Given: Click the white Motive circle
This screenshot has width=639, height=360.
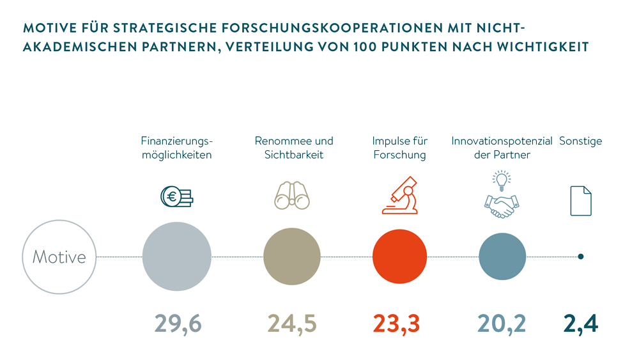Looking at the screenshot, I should point(59,256).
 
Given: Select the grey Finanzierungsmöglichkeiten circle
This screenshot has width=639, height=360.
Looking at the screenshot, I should point(177,256).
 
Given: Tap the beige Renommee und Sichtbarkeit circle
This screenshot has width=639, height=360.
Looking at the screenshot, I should point(292,256).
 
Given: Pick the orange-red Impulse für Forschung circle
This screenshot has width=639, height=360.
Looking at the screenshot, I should point(399,256).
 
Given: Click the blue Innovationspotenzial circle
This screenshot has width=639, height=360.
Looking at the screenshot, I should point(502,256).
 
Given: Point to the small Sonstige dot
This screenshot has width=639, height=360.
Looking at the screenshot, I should point(580,256).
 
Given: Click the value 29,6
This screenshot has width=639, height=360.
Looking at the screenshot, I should point(178,324).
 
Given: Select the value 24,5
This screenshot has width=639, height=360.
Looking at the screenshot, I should point(292,324).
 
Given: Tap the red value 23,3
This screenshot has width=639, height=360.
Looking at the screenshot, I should point(396,324).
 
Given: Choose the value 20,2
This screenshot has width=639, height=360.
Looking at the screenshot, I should point(502,324).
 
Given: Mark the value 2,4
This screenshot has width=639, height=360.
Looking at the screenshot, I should point(580,324).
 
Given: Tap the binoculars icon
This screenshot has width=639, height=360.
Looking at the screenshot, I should point(291,195).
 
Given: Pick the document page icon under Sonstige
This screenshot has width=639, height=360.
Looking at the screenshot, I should point(580,200).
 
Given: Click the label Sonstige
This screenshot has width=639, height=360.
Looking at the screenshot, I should point(580,141).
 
